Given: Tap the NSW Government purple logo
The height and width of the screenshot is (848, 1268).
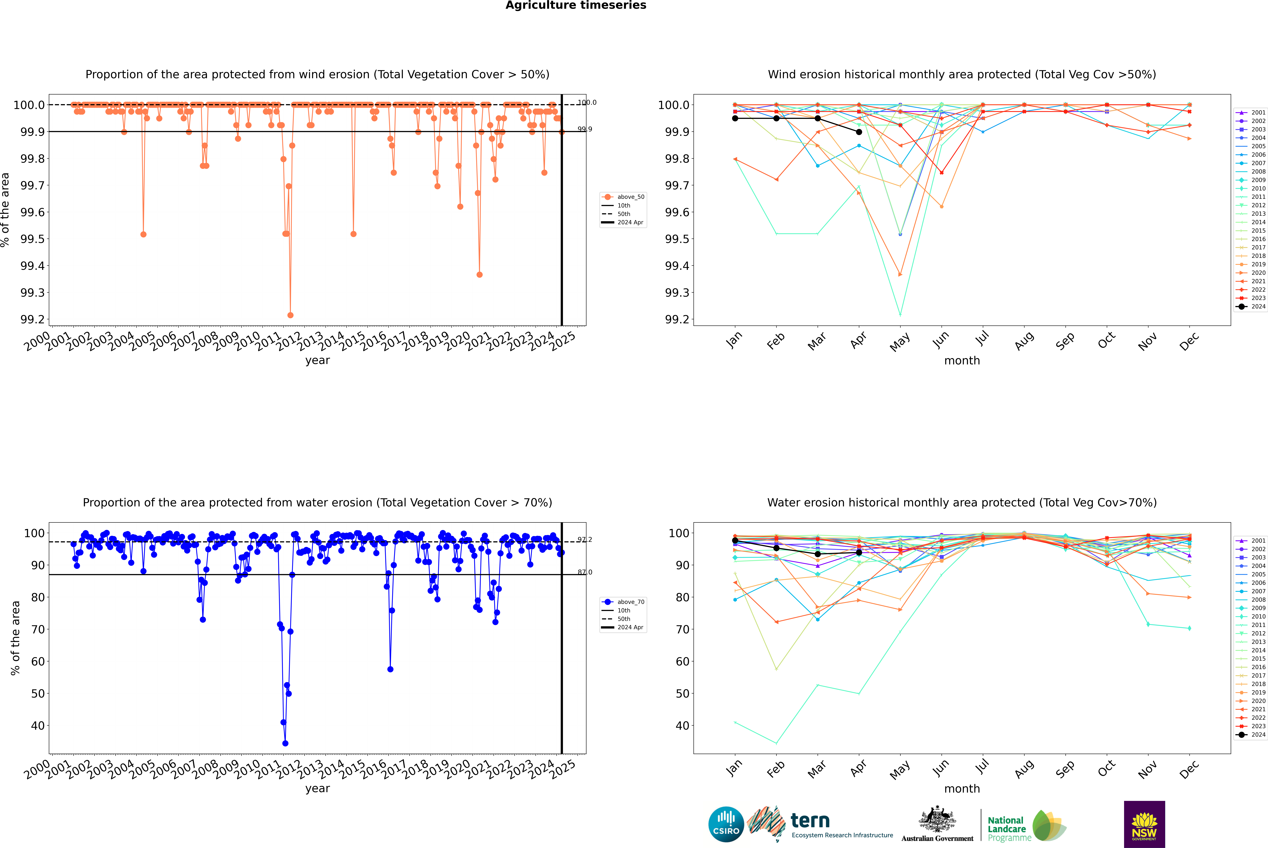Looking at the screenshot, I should click(1144, 824).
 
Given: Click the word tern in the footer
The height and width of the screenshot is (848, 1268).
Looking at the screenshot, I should click(810, 821).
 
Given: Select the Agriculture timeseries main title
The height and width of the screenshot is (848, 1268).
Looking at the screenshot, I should click(576, 5).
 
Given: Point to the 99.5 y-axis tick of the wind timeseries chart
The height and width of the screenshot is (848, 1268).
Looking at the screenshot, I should click(32, 239).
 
